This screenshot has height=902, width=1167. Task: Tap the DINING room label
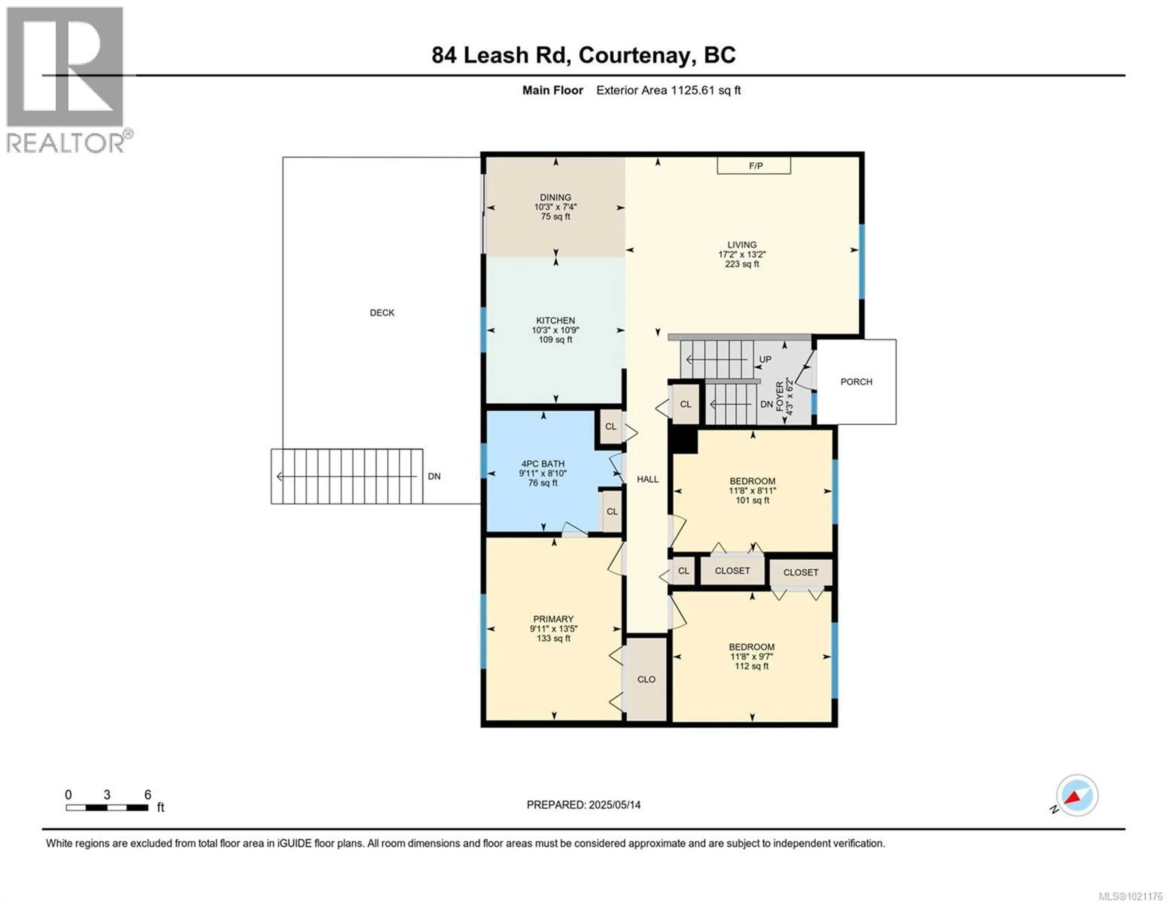(x=555, y=197)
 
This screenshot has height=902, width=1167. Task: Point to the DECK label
(x=382, y=313)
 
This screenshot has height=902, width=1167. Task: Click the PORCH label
(x=856, y=382)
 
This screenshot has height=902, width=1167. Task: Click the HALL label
(x=647, y=479)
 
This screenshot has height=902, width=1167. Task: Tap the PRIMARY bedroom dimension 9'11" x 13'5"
(x=554, y=629)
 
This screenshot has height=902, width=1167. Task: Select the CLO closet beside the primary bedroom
(x=646, y=679)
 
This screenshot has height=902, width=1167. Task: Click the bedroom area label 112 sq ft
(x=751, y=666)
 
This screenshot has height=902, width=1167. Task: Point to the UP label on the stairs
(x=765, y=359)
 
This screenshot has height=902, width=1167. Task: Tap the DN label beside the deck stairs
(x=434, y=476)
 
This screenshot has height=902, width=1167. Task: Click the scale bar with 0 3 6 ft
(x=107, y=807)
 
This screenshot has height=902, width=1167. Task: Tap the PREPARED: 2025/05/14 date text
(x=583, y=805)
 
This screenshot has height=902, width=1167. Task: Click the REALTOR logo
(x=65, y=80)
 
